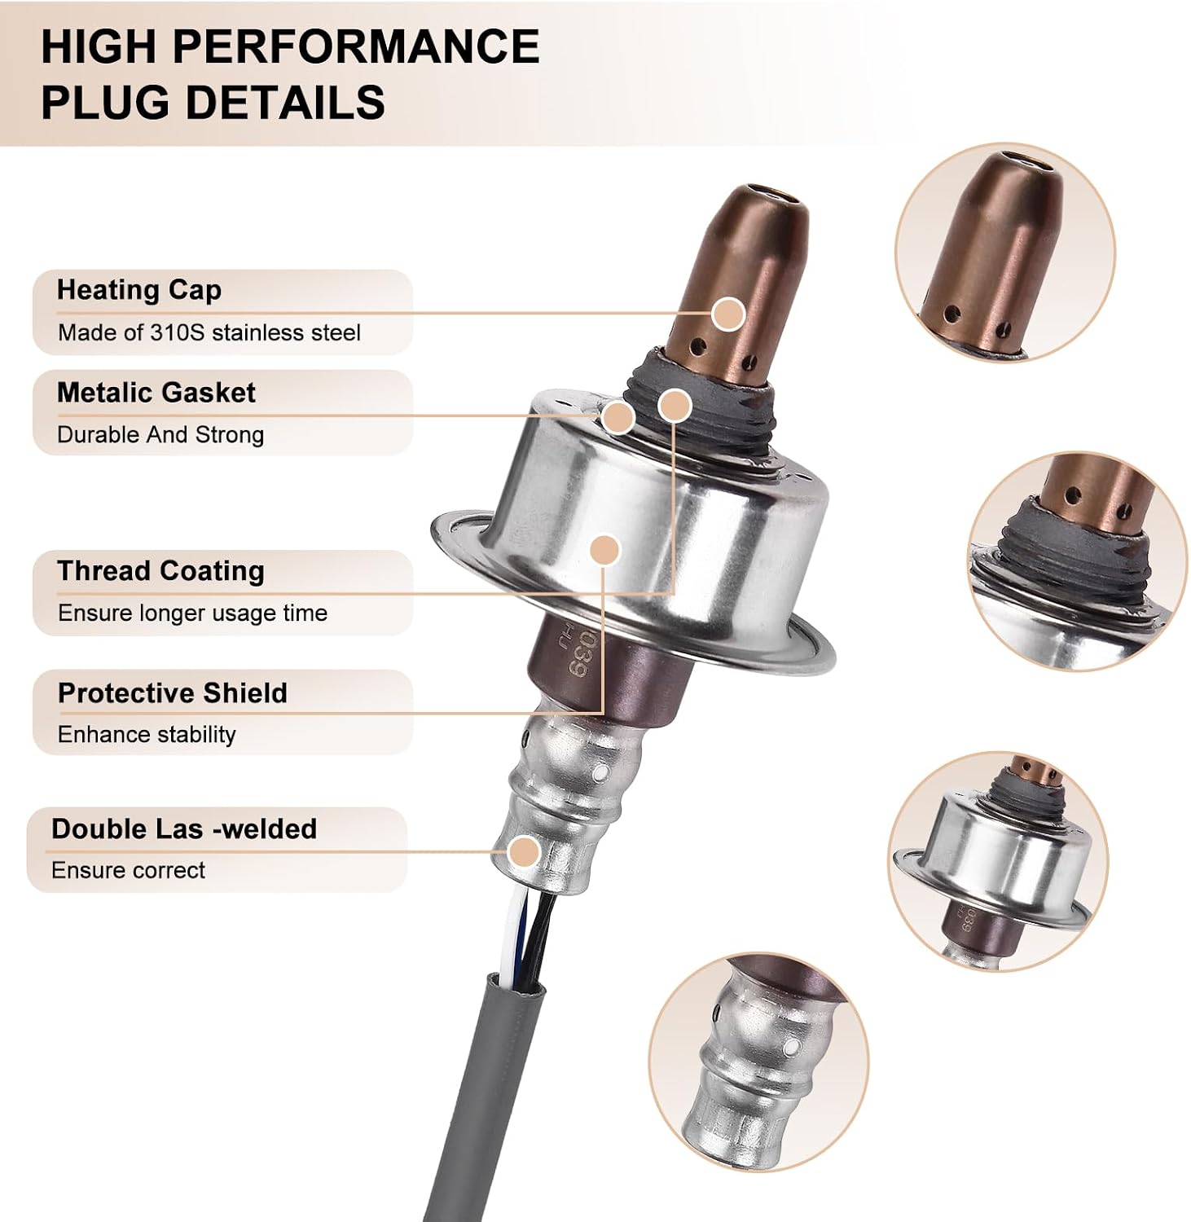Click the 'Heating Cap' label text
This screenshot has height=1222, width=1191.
pyautogui.click(x=139, y=290)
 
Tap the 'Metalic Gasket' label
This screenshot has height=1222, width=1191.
pyautogui.click(x=156, y=393)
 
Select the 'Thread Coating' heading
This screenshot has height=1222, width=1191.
pyautogui.click(x=161, y=571)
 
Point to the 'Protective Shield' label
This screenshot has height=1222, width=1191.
pyautogui.click(x=173, y=692)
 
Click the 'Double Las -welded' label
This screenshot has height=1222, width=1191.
pyautogui.click(x=184, y=829)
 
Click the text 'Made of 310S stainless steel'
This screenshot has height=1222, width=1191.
pyautogui.click(x=209, y=332)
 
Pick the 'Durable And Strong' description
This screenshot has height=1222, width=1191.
pyautogui.click(x=160, y=434)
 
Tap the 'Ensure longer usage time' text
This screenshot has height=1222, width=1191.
pyautogui.click(x=192, y=613)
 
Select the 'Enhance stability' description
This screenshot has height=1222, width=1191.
pyautogui.click(x=147, y=734)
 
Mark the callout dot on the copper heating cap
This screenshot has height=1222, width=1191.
pyautogui.click(x=728, y=314)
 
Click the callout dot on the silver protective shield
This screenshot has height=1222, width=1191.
pyautogui.click(x=604, y=550)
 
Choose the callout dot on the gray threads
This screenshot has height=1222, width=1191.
pyautogui.click(x=675, y=406)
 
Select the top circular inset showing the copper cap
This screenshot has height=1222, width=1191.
pyautogui.click(x=1004, y=253)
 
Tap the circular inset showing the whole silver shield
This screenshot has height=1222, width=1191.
pyautogui.click(x=997, y=861)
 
